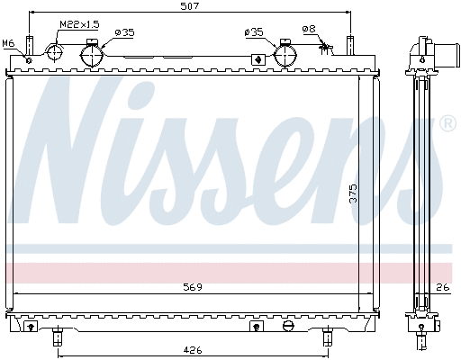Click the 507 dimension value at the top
pos(189,6)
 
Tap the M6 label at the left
pos(9,42)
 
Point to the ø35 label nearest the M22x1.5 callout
pos(124,32)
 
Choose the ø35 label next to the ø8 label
pos(254,32)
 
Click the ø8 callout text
pos(309,29)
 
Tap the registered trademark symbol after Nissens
pos(447,124)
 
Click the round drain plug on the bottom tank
pos(287,324)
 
